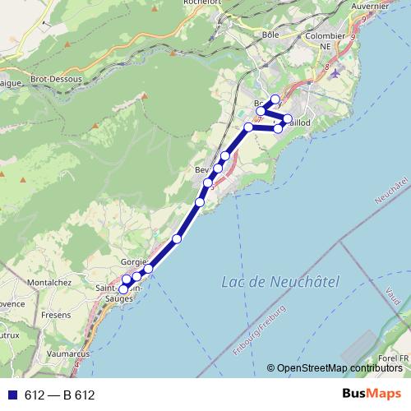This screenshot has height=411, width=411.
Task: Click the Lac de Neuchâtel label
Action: [x=279, y=283]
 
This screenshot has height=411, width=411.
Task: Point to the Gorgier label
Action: [x=134, y=262]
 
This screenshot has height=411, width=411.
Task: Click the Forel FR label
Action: [x=393, y=358]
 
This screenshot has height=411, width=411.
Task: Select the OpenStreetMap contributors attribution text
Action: [x=336, y=367]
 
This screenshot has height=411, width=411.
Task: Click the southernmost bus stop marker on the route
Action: [x=124, y=289]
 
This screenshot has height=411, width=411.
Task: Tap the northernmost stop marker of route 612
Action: [x=275, y=99]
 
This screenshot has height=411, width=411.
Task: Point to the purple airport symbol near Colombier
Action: [x=338, y=74]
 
